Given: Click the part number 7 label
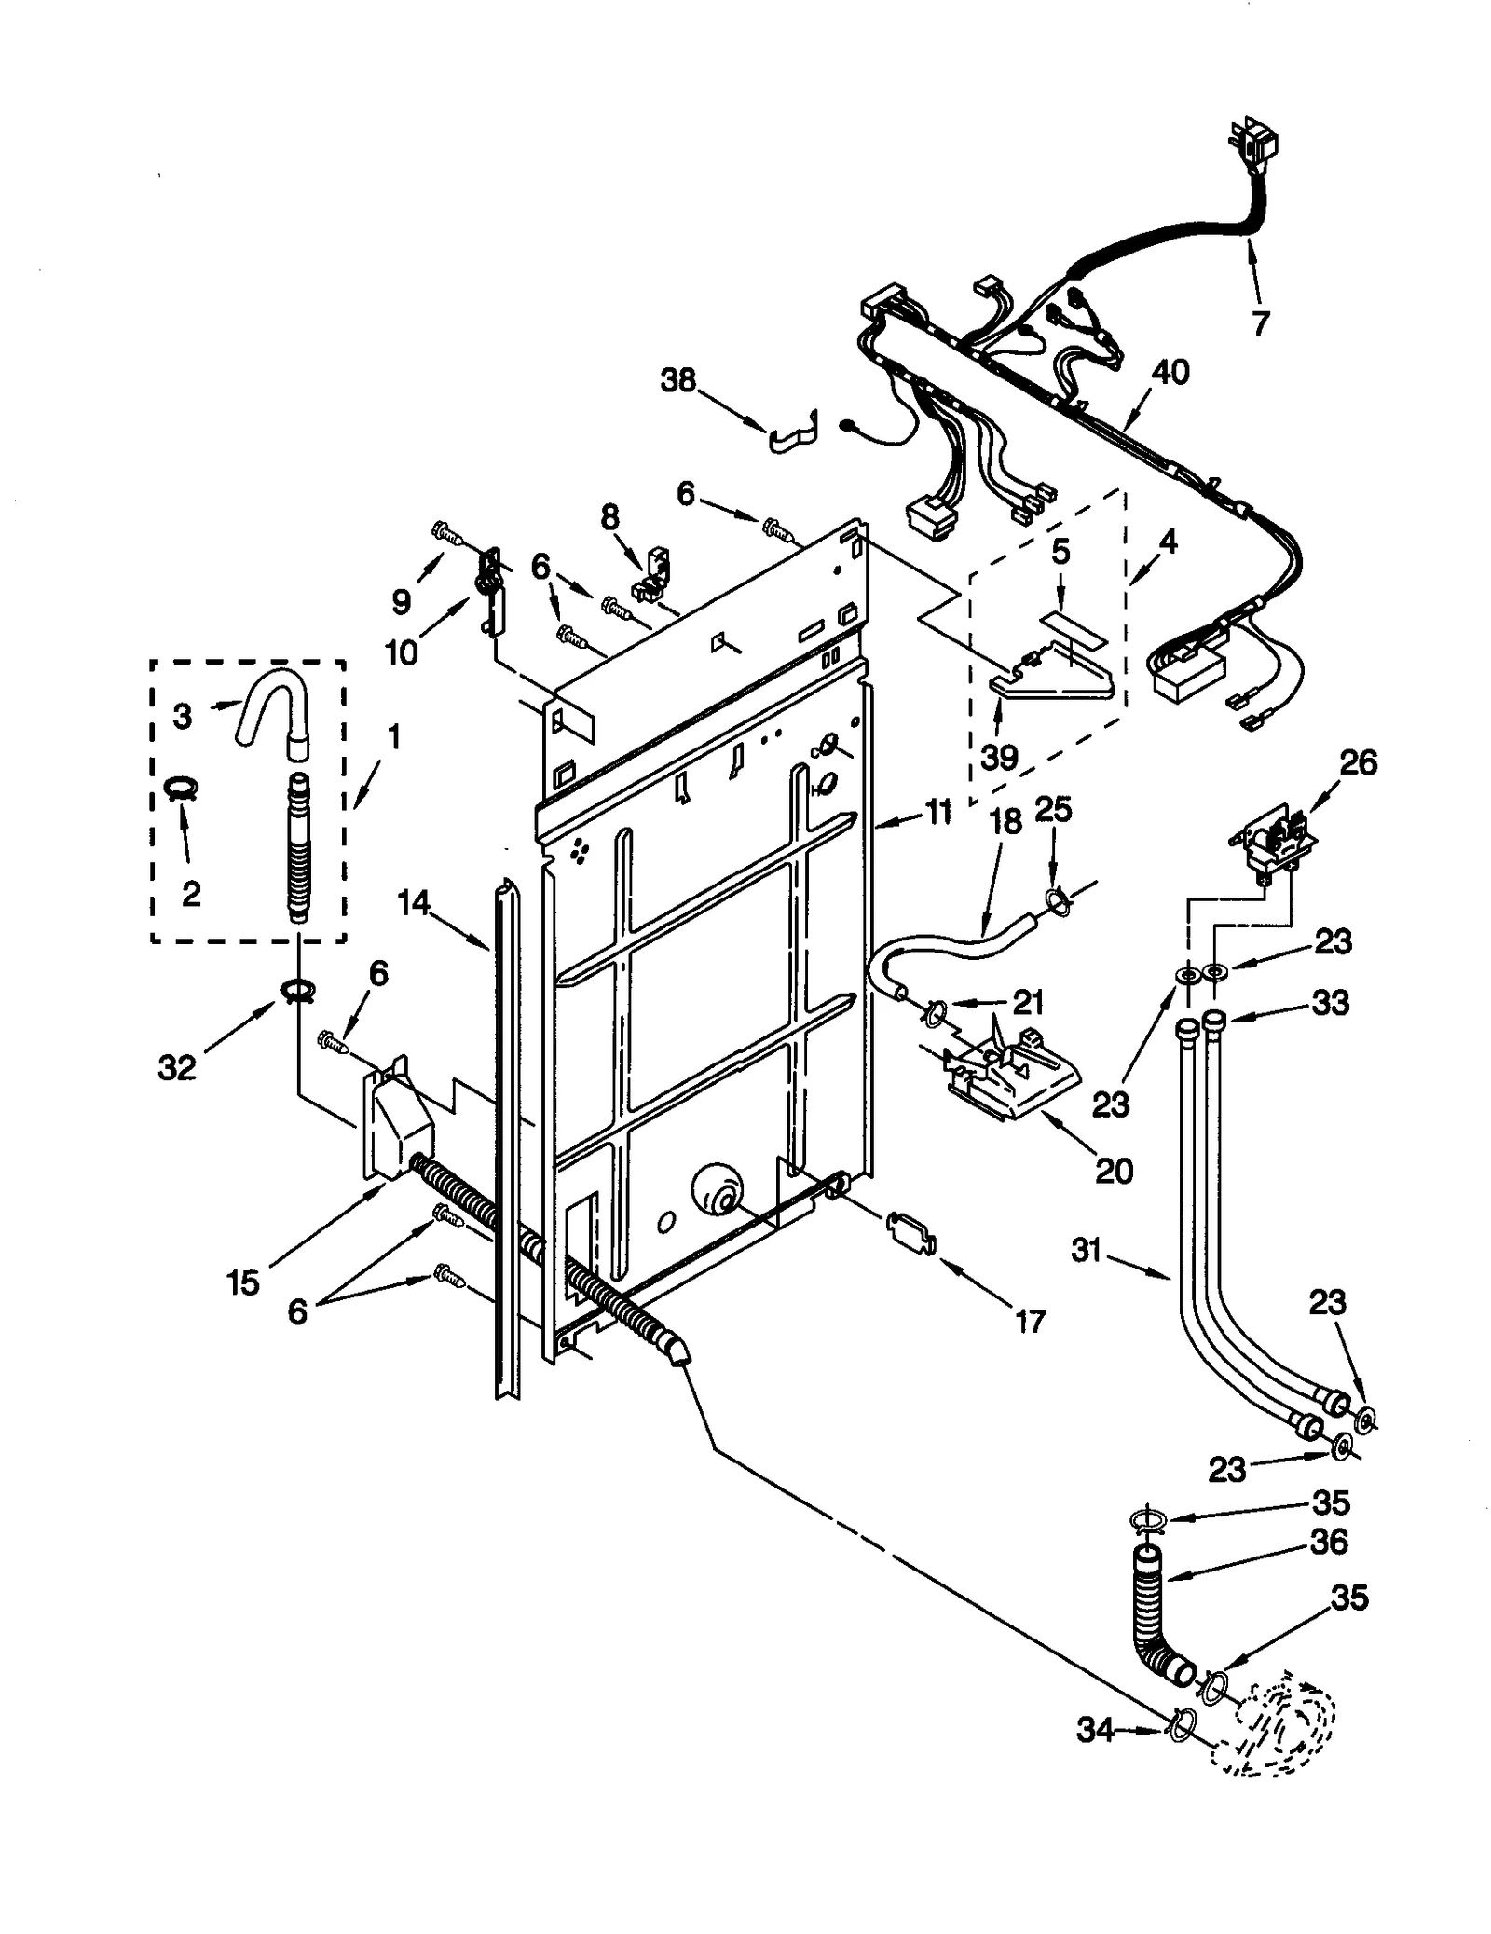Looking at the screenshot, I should tap(1259, 323).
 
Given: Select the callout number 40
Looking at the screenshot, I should tap(1170, 372).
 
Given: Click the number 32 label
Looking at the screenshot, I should tap(177, 1068).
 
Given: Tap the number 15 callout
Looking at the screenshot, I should tap(243, 1282).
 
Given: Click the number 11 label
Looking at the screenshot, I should tap(937, 812).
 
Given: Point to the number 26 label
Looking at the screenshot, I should tap(1359, 762).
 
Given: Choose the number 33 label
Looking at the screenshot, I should tap(1330, 1003).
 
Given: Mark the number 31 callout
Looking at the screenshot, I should tap(1087, 1250).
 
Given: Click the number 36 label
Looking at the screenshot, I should tap(1329, 1543).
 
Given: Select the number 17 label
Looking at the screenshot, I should tap(1030, 1321).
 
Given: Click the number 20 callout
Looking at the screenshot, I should tap(1114, 1171).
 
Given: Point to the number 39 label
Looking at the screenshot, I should tap(999, 757).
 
